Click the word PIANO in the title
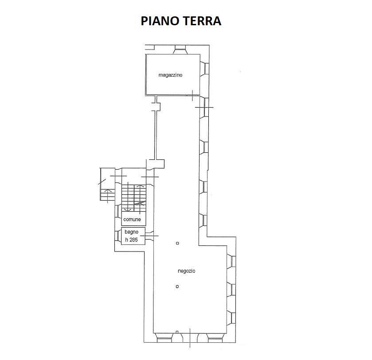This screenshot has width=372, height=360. tap(160, 21)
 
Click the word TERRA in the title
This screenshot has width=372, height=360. tap(202, 21)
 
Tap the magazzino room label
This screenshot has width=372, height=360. tap(170, 75)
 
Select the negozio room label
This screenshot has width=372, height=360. tap(187, 271)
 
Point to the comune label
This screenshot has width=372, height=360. tap(132, 220)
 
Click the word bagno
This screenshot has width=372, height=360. tap(131, 232)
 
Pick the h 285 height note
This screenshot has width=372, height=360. tap(131, 240)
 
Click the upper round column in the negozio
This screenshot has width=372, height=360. tap(177, 243)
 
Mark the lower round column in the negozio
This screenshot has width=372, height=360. tap(177, 286)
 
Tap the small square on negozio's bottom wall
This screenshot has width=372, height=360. tap(177, 332)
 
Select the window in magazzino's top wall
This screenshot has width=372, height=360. tap(180, 50)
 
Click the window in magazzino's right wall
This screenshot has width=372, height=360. tap(204, 69)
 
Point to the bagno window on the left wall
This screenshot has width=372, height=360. tap(118, 236)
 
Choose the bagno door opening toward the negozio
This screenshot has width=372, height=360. tap(149, 236)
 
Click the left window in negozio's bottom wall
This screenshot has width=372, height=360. tap(164, 338)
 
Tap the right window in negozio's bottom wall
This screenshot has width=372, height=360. tap(215, 338)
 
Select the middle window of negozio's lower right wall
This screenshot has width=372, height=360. tap(231, 289)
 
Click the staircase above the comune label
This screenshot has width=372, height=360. tap(134, 197)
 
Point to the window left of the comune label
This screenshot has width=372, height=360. tap(118, 211)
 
